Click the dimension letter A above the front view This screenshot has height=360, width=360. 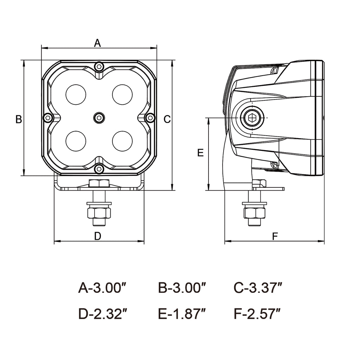97,43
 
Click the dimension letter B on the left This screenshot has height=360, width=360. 19,120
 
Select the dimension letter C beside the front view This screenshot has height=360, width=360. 167,120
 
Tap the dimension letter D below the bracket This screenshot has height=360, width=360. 98,236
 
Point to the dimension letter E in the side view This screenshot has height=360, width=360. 200,153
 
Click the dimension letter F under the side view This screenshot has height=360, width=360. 275,236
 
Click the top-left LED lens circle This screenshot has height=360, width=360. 76,95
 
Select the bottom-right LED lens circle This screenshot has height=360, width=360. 122,141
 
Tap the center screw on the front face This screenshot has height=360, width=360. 99,118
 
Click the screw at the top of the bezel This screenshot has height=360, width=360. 99,66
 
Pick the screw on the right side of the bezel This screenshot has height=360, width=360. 150,117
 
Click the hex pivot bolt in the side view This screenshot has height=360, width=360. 252,118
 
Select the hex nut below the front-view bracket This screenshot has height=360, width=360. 99,213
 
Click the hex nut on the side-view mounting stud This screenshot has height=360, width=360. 254,212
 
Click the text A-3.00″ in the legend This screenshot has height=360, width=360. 102,288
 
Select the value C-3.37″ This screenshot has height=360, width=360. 258,288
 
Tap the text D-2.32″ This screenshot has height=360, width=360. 102,313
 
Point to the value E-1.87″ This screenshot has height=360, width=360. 182,313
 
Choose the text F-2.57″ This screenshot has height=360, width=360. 257,313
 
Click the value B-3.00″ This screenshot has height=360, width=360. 182,288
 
